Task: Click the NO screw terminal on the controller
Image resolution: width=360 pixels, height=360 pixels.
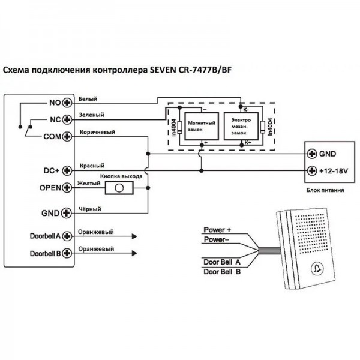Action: pos(67,103)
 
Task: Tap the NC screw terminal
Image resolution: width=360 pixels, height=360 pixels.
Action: pos(67,119)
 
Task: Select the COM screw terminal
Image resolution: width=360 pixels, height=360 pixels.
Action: pos(67,137)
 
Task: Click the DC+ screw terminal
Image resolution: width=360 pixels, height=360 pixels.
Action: pos(67,170)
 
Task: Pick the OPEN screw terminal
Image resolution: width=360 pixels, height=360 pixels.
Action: pos(67,188)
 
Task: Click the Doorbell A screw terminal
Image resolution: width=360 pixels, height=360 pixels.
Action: pos(67,236)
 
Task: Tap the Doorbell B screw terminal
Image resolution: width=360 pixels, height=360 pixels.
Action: pos(67,253)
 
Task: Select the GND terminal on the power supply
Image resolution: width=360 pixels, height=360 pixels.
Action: pos(312,154)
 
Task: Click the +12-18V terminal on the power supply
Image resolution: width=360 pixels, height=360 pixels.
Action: pos(312,171)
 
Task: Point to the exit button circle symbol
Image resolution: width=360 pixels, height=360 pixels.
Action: pos(119,188)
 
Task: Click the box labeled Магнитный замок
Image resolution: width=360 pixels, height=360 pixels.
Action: pos(202,126)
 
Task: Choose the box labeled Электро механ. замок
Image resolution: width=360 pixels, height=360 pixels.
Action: pos(241,126)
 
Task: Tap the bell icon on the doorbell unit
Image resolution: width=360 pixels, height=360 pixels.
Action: pos(318,268)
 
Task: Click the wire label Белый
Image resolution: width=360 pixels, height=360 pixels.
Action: pos(88,99)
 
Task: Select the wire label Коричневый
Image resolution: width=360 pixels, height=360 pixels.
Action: pos(97,133)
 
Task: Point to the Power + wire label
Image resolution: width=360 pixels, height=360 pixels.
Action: pos(217,230)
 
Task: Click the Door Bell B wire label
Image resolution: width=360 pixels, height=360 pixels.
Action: pos(222,272)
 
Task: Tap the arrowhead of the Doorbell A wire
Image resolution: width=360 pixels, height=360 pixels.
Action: pos(134,236)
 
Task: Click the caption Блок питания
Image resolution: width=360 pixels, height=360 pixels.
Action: pos(325,190)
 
